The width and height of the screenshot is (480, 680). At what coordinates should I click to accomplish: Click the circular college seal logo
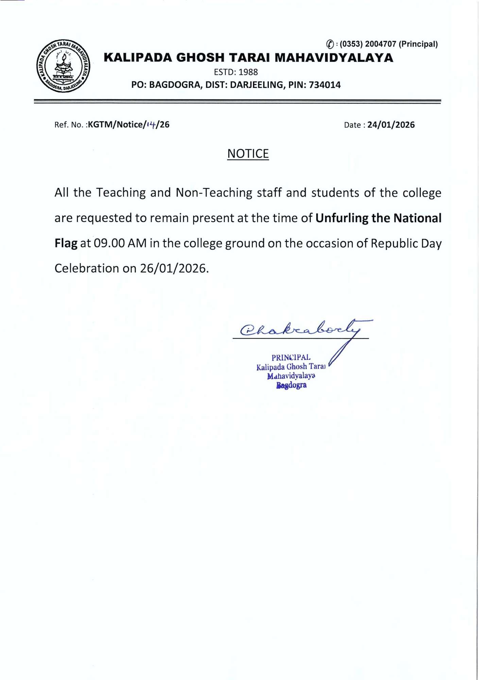click(x=63, y=66)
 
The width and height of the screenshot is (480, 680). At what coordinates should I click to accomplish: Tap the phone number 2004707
click(x=380, y=44)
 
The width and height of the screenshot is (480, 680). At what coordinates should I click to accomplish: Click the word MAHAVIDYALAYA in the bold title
click(x=334, y=58)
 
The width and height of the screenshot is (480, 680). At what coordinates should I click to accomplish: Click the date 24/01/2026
click(x=391, y=125)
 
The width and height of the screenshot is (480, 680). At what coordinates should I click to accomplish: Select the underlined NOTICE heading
click(x=248, y=154)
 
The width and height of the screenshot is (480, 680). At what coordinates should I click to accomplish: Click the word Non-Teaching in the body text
click(x=214, y=193)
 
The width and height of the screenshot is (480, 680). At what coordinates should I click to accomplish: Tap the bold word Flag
click(x=66, y=243)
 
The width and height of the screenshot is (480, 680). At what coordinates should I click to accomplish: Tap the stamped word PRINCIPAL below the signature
click(x=291, y=357)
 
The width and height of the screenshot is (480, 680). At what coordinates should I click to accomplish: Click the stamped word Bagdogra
click(x=291, y=385)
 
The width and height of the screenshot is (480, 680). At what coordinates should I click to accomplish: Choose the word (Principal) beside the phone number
click(x=418, y=44)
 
